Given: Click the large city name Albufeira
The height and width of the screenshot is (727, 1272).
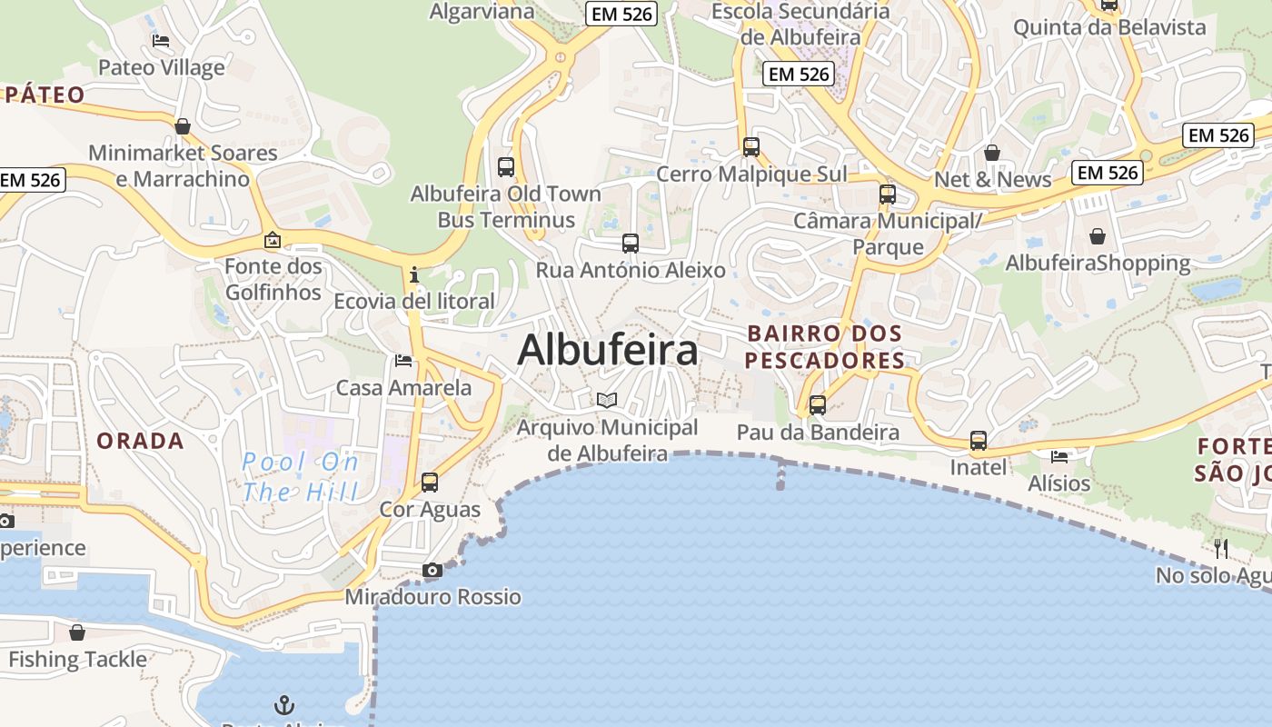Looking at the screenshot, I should point(607,350).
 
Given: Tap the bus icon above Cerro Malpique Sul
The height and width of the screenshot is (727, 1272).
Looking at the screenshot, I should point(751,146).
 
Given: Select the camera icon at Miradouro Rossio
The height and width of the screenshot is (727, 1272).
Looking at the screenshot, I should point(432,571).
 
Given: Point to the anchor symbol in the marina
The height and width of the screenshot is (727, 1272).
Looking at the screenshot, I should point(284,704).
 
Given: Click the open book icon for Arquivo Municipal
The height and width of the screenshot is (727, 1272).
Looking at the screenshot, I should point(607,400).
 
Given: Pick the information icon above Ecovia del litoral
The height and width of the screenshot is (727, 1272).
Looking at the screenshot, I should point(414,274).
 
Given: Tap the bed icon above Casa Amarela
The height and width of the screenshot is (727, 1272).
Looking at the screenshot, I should point(403,361).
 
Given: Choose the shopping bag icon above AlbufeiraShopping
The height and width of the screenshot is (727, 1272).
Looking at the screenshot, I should point(1098,236).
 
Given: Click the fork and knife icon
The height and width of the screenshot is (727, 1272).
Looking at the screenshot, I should point(1221,548).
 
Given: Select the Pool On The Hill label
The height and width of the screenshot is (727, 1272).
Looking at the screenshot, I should point(301,477).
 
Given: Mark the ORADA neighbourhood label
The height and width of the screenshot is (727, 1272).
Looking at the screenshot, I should point(141,441).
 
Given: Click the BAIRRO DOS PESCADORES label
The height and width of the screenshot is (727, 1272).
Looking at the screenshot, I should point(825,347).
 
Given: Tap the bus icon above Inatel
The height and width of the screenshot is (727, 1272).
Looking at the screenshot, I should point(979,441).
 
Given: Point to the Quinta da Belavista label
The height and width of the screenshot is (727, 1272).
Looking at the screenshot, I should point(1109,27).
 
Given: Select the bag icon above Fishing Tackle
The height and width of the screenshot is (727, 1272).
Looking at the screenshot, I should point(77,632).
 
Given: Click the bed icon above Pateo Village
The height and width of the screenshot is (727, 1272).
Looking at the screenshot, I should point(161,41).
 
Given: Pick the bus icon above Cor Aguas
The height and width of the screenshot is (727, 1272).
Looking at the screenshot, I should point(430,483).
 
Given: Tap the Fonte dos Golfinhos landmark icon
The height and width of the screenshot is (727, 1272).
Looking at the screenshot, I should point(272,240).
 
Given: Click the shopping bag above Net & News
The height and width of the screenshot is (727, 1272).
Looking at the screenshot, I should point(992,152).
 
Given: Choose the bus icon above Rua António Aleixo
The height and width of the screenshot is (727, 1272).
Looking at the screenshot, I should point(631,244).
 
